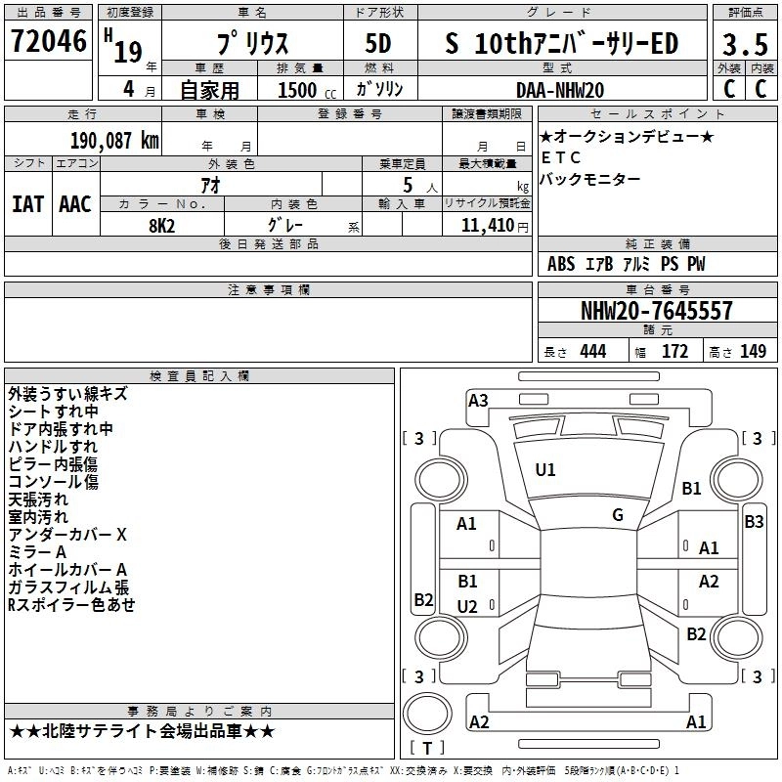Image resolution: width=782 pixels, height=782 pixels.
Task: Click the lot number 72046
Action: [48, 41]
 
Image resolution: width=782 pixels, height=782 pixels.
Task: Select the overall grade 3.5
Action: [745, 44]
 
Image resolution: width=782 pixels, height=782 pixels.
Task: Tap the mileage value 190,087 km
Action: [114, 141]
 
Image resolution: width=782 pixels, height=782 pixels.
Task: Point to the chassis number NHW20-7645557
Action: [657, 311]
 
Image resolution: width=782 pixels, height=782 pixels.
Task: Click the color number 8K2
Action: [161, 226]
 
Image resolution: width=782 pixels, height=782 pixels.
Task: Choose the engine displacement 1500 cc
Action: [307, 90]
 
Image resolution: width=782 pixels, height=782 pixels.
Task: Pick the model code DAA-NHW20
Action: [560, 90]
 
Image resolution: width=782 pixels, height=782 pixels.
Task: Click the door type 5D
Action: [378, 44]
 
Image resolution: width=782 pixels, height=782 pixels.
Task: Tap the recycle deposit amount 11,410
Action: [487, 226]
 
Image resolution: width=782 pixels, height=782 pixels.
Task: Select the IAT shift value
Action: [28, 204]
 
